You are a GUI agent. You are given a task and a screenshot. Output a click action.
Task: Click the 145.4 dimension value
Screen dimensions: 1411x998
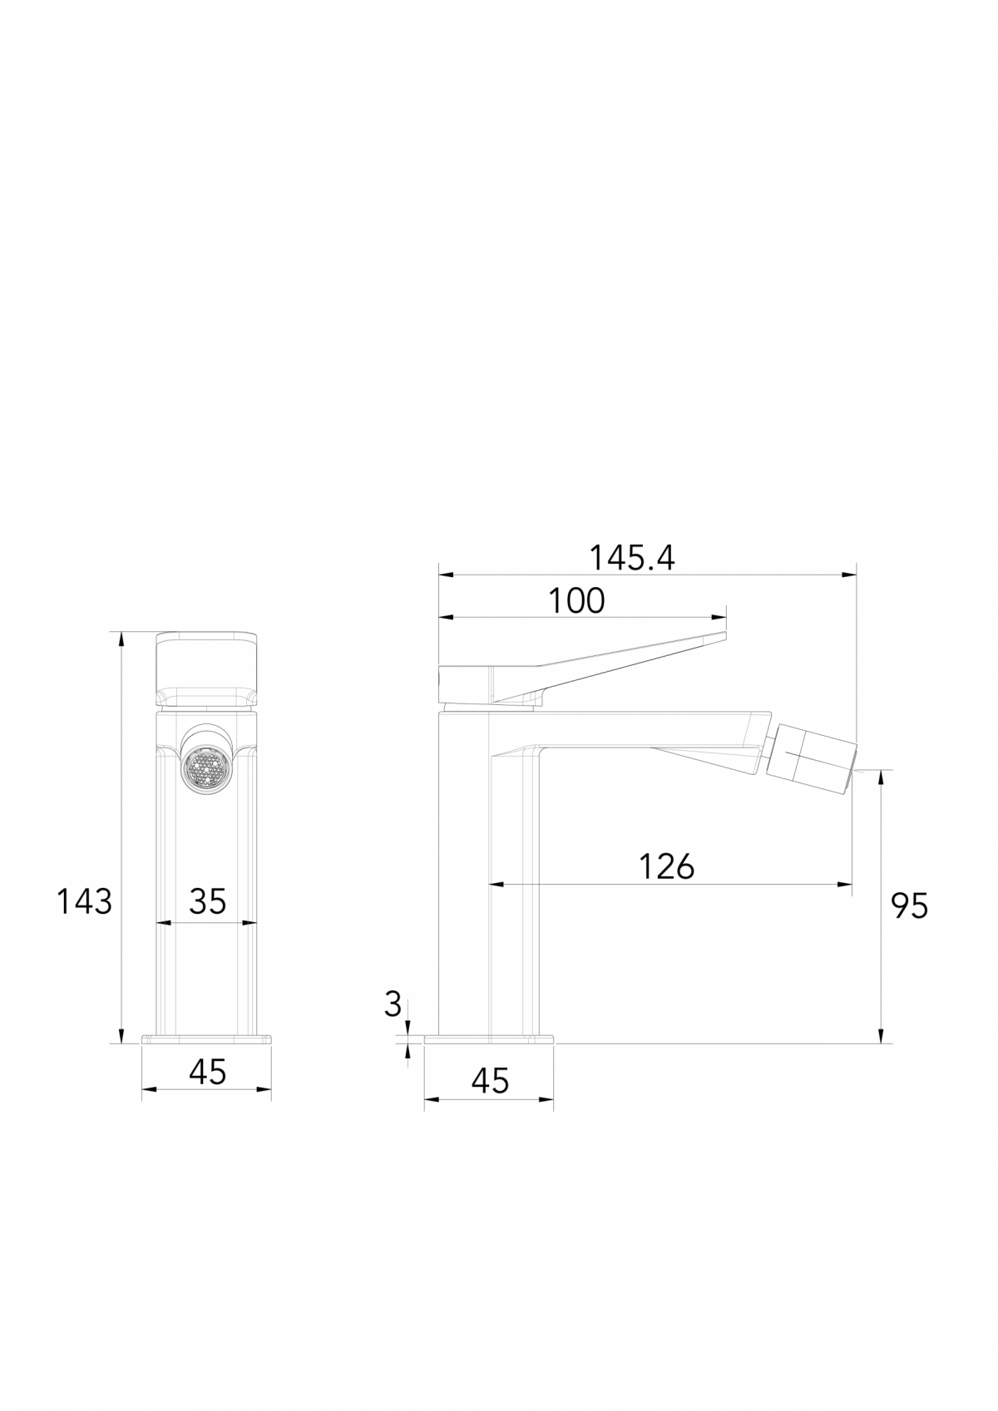[632, 558]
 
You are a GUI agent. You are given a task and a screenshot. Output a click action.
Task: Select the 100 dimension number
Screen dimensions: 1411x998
[576, 601]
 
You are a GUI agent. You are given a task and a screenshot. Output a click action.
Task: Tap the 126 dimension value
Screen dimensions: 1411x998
[666, 866]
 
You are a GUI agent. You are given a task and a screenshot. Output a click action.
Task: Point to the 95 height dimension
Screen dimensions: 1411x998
[908, 905]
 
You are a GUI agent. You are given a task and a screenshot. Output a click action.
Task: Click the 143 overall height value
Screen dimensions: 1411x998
[84, 901]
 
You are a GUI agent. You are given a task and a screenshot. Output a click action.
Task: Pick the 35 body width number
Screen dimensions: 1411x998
[207, 901]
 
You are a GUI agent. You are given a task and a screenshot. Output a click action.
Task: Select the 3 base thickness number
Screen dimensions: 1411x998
[393, 1005]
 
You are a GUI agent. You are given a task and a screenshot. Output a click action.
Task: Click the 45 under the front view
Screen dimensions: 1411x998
[207, 1073]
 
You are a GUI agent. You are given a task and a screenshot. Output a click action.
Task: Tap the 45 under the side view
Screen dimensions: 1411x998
[489, 1081]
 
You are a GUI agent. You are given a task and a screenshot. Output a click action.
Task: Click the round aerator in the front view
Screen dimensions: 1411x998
[205, 764]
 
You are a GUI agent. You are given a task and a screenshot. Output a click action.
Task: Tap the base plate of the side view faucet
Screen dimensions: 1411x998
[489, 1039]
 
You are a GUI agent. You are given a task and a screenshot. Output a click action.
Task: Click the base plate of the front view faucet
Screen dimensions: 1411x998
[207, 1039]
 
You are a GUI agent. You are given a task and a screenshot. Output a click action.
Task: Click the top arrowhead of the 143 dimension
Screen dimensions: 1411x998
[122, 638]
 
